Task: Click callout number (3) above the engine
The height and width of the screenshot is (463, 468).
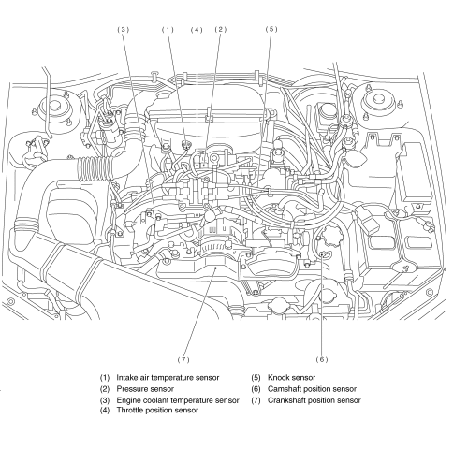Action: tap(123, 30)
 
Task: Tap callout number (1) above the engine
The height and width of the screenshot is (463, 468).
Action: tap(168, 30)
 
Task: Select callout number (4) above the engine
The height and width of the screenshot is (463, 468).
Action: tap(197, 30)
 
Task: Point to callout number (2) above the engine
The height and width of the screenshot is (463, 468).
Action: tap(221, 30)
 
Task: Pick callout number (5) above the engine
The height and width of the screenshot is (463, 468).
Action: tap(271, 29)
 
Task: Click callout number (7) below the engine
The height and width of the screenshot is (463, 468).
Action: tap(183, 360)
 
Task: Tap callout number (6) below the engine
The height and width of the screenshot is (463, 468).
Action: tap(322, 359)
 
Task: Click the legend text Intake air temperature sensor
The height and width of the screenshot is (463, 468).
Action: tap(168, 378)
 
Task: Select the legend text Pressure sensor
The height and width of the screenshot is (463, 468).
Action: tap(145, 389)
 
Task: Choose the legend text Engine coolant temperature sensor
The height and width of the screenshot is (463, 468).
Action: tap(178, 400)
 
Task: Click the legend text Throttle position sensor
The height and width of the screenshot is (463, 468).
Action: tap(157, 411)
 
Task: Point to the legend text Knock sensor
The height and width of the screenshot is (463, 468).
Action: tap(291, 378)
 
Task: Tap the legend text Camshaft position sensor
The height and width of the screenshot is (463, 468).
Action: tap(312, 389)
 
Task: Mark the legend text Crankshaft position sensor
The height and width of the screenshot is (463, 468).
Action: tap(314, 400)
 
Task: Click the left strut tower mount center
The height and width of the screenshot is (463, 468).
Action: tap(56, 105)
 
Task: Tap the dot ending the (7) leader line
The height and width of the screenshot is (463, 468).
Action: tap(216, 268)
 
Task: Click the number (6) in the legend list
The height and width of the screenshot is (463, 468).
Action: tap(256, 389)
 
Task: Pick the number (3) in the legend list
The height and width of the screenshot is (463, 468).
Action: tap(105, 400)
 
